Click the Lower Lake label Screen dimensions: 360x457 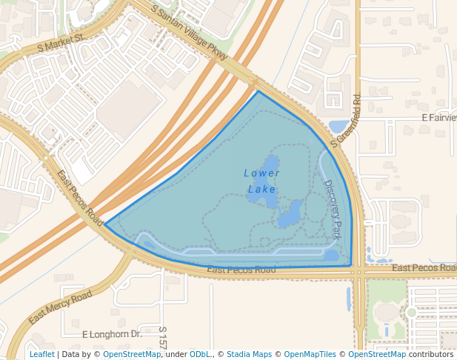[262, 181]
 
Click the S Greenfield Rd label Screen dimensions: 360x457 [346, 119]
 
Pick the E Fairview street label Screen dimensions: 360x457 [438, 118]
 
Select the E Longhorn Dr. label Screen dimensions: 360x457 [112, 334]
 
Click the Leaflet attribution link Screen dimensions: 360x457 [41, 354]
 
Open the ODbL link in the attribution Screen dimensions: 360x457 [200, 354]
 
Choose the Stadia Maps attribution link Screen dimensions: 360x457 [249, 354]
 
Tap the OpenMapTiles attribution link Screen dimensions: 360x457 [310, 354]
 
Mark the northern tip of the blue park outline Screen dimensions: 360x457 [258, 91]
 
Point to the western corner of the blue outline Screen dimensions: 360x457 [104, 224]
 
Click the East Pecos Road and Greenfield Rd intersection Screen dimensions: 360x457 [358, 272]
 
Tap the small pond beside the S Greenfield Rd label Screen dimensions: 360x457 [338, 126]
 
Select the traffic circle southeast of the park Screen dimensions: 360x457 [411, 312]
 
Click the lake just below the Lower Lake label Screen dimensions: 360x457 [289, 216]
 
